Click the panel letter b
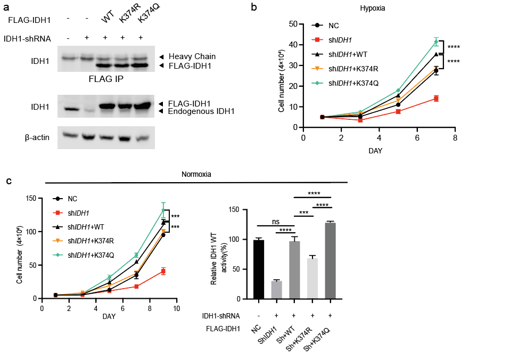point(254,7)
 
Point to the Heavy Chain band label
point(192,56)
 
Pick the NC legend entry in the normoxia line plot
point(73,198)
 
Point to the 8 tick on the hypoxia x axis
point(455,137)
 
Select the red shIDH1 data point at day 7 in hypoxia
point(436,99)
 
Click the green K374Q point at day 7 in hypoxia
point(436,42)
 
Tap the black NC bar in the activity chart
point(259,269)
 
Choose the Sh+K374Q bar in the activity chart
point(330,260)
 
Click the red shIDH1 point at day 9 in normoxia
point(163,271)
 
